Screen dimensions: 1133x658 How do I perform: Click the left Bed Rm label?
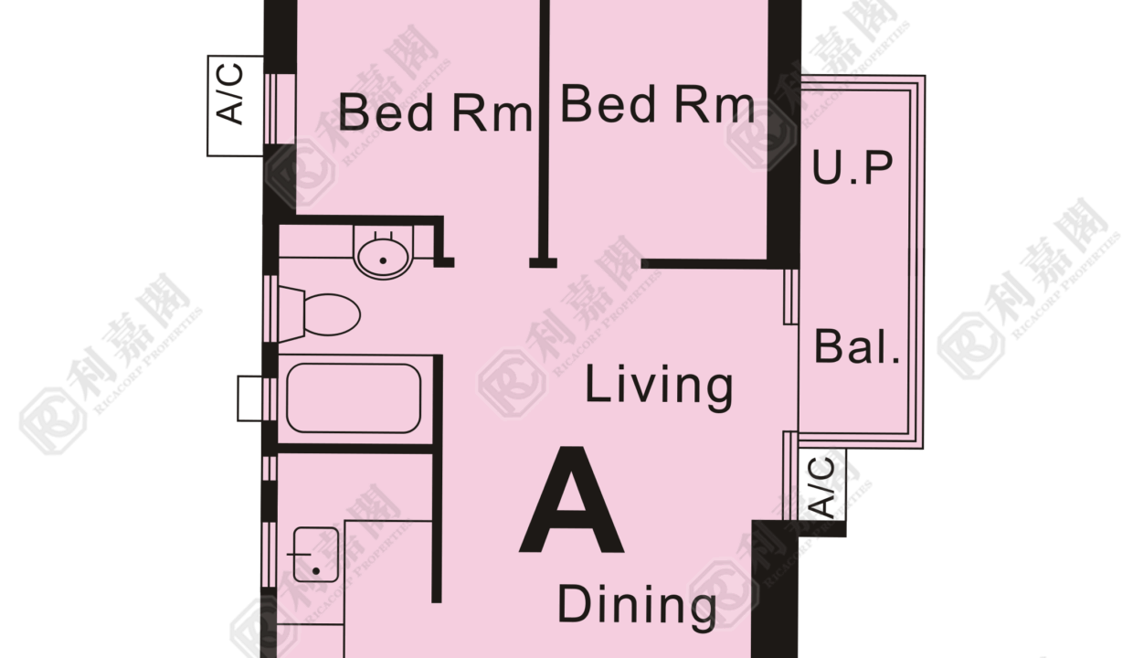coord(435,112)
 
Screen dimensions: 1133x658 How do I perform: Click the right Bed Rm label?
coord(658,105)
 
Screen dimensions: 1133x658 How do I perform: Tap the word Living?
coord(659,387)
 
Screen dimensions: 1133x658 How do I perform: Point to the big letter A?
coord(572,500)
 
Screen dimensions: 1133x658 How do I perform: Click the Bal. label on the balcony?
coord(857,346)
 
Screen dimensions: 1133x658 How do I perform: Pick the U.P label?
coord(852,167)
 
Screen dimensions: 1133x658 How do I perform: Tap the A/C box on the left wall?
coord(235,106)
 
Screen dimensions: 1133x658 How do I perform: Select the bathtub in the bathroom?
coord(354,398)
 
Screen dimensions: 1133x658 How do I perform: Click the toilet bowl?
coord(332,314)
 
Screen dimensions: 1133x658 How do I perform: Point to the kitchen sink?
coord(316,555)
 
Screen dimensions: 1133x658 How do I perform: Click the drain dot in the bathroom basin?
coord(383,261)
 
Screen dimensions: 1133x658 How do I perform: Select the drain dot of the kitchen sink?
coord(316,571)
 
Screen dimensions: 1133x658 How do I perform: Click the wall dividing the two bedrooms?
coord(545,132)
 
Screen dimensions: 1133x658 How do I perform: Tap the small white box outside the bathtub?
coord(249,398)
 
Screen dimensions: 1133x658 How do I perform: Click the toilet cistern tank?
coord(291,314)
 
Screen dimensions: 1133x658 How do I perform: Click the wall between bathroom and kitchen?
coord(355,449)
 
